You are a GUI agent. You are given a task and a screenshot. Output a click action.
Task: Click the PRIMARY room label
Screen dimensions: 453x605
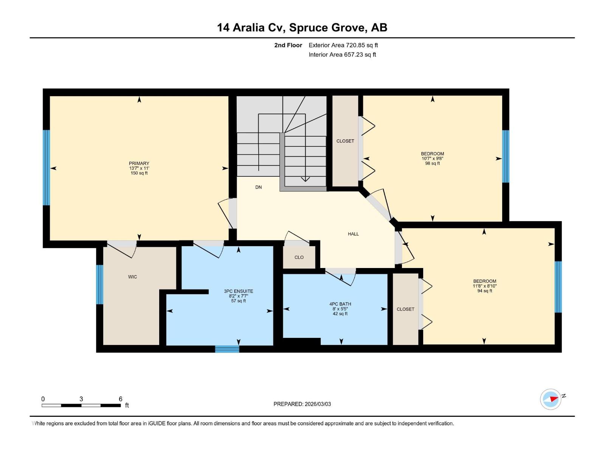[139, 163]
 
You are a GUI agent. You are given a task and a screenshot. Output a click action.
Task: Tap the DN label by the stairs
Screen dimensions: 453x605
[258, 187]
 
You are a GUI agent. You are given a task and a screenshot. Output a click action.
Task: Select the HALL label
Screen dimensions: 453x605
[353, 234]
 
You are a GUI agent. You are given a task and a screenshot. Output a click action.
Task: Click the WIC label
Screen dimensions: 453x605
[132, 277]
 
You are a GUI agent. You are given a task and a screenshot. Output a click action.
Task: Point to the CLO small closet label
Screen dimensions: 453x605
[299, 257]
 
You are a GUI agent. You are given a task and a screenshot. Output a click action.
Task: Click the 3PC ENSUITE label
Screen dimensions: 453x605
[238, 291]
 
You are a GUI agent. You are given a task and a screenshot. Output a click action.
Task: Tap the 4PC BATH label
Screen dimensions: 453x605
[340, 304]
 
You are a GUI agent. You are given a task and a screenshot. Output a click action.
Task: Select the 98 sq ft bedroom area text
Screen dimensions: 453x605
[432, 163]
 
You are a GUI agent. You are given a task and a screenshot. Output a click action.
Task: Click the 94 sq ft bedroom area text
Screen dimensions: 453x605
[484, 291]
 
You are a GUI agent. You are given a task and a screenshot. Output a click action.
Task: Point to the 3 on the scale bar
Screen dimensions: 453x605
[81, 399]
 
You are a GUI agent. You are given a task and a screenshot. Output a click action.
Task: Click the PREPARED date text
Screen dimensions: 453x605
[302, 404]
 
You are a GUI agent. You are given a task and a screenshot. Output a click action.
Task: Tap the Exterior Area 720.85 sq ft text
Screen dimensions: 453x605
[343, 45]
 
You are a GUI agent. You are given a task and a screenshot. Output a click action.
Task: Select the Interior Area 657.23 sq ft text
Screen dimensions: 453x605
[342, 55]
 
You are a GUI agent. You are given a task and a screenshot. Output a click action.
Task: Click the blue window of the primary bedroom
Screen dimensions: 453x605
[46, 168]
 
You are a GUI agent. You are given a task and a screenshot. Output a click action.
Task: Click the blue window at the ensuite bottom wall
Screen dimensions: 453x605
[227, 349]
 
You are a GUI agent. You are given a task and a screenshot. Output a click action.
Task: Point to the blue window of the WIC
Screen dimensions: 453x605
[99, 285]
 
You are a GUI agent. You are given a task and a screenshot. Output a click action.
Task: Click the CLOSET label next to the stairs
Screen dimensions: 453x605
[345, 141]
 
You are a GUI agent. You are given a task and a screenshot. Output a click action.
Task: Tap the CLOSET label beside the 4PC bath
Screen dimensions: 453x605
[405, 309]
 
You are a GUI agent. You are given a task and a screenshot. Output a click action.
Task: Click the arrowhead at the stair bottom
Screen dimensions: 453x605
[305, 179]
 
